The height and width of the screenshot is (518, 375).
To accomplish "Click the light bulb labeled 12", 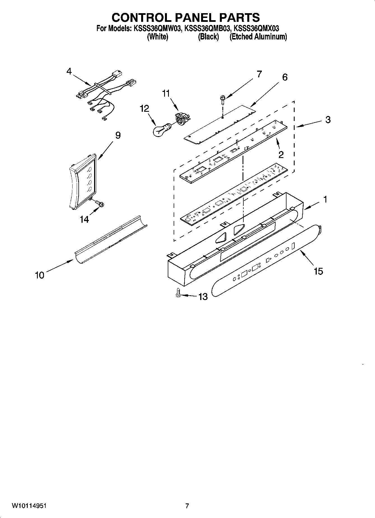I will [x=160, y=130].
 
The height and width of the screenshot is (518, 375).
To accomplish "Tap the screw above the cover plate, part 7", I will [x=222, y=100].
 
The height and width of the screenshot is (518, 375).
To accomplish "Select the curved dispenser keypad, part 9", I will [x=83, y=181].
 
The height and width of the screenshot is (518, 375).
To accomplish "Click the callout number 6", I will [x=285, y=77].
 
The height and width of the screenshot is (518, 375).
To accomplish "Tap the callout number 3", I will [x=328, y=120].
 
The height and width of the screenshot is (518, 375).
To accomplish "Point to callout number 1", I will [x=325, y=199].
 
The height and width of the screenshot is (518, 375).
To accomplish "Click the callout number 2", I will [x=281, y=154].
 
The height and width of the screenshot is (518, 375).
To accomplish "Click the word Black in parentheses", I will [x=208, y=37].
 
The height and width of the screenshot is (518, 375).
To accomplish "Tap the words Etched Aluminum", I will [x=258, y=37].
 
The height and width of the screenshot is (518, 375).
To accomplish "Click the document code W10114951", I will [x=29, y=506].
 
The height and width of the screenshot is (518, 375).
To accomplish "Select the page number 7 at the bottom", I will [x=187, y=506].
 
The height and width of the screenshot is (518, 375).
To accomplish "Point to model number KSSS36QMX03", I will [x=256, y=28].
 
